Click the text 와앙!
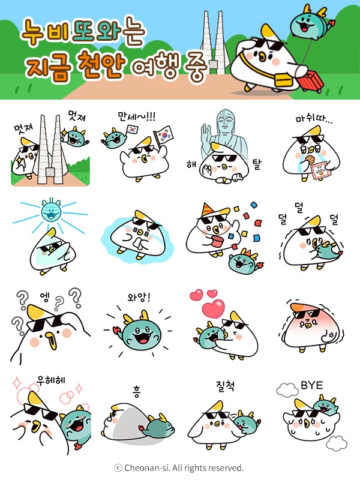coord(140,297)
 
